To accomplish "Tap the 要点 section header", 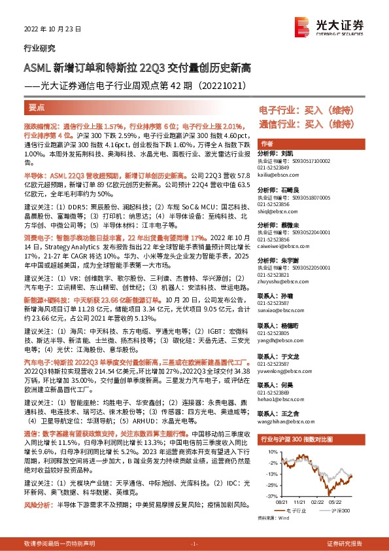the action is point(37,107).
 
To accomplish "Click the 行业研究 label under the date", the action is point(39,47).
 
